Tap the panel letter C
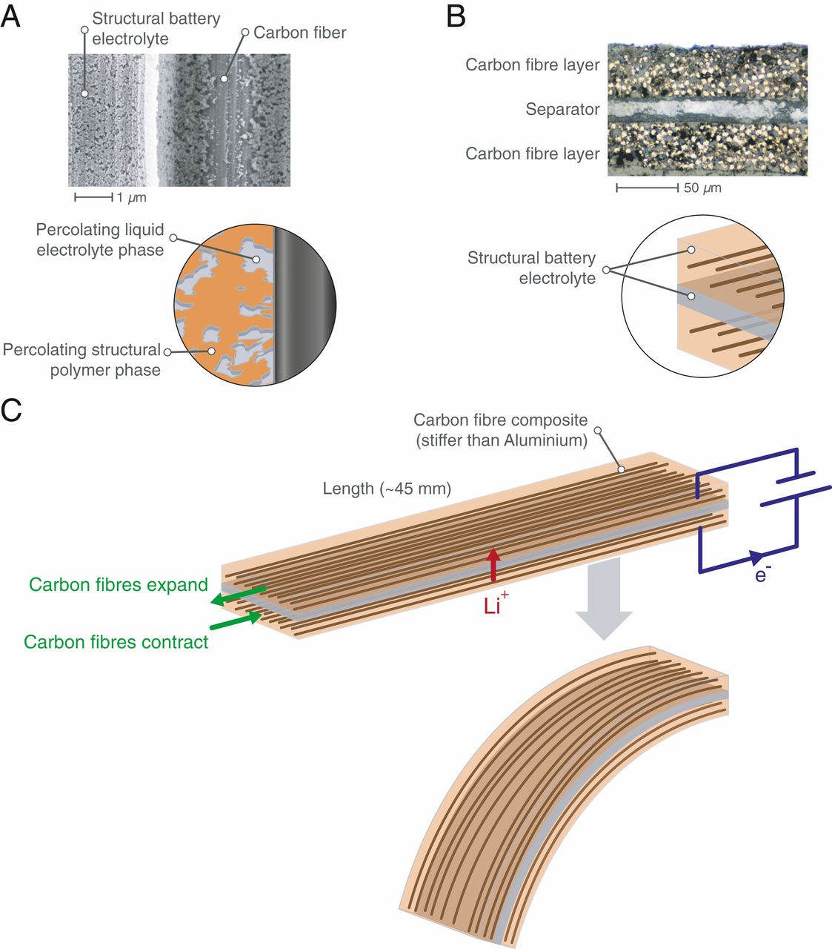11,410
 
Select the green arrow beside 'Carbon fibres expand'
238,595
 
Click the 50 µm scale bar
647,188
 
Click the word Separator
562,110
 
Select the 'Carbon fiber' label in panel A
299,33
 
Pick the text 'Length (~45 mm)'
387,489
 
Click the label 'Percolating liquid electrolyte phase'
100,239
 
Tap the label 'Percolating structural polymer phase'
82,360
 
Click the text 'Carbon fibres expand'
119,585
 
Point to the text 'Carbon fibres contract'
116,642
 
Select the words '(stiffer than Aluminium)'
502,440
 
